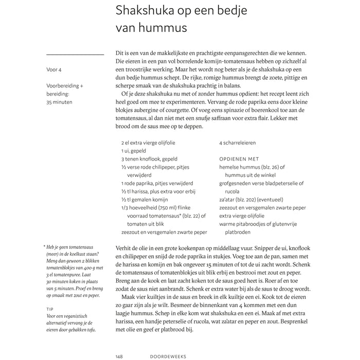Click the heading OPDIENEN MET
pyautogui.click(x=239, y=159)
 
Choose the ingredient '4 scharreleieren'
pyautogui.click(x=237, y=142)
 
